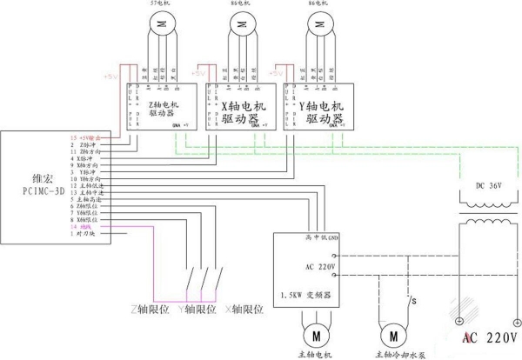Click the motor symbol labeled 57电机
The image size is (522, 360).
point(161,26)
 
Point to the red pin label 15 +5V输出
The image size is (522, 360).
point(86,138)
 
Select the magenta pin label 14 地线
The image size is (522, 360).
point(84,228)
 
